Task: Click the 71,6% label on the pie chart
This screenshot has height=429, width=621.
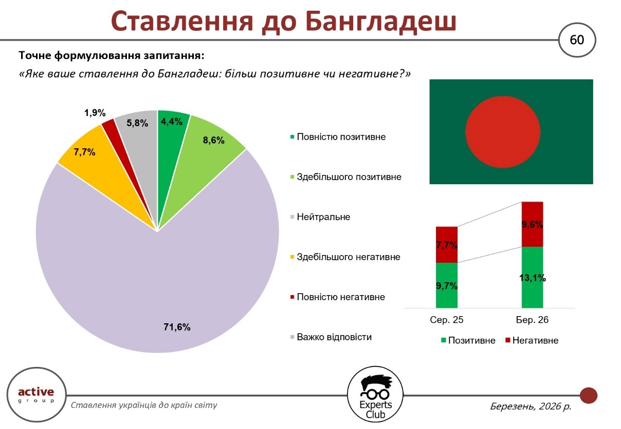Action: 177,327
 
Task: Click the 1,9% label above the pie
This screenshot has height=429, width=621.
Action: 95,113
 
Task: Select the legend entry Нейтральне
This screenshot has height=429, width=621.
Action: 320,217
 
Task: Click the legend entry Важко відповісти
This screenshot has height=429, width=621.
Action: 331,337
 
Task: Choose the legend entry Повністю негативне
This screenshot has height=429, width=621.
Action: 337,297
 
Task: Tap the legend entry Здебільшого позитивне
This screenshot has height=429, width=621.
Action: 345,177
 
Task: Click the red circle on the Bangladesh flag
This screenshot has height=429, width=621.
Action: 503,132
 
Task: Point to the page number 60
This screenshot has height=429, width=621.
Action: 577,40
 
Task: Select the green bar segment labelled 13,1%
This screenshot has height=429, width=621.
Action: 532,277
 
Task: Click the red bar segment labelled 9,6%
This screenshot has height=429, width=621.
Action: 532,224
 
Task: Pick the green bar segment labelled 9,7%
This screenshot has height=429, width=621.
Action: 447,285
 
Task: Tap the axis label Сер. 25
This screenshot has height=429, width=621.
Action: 447,320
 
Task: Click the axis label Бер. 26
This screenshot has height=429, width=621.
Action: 532,320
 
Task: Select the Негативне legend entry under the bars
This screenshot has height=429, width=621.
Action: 532,340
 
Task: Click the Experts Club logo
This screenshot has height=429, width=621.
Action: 375,395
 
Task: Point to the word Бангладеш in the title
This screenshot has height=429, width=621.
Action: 381,22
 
